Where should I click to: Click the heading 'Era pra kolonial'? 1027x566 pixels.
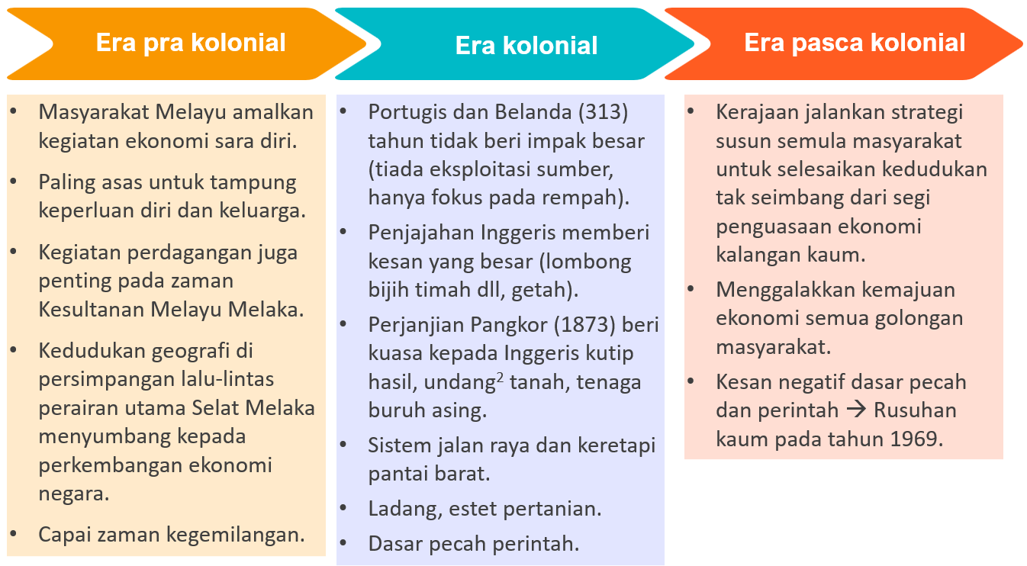(x=191, y=43)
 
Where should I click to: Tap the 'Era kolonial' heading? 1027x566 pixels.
(x=526, y=46)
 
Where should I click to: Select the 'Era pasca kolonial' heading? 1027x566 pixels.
(x=855, y=43)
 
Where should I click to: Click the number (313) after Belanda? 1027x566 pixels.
(x=603, y=112)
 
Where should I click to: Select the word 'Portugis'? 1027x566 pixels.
(x=403, y=112)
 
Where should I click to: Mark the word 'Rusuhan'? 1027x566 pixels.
(x=914, y=410)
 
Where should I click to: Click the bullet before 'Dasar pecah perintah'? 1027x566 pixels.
(x=345, y=543)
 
